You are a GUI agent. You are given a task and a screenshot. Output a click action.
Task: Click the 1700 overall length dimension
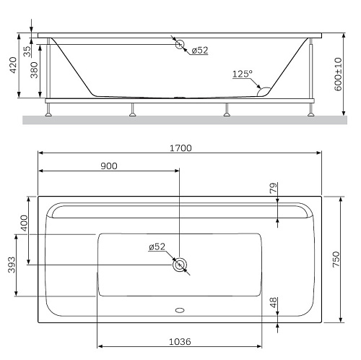[180, 148]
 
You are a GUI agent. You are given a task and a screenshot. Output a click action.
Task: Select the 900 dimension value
[109, 166]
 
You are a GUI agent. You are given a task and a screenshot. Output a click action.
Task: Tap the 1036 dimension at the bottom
[180, 342]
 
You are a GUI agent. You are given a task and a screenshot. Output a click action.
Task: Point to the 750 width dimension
[336, 260]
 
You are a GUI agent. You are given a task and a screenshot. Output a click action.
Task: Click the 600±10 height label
[338, 74]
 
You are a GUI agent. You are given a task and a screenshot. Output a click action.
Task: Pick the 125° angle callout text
[243, 74]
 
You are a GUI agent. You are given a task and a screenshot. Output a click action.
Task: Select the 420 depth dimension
[13, 65]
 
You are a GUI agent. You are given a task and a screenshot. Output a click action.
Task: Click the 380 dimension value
[34, 70]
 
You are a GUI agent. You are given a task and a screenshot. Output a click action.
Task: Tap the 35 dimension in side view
[27, 51]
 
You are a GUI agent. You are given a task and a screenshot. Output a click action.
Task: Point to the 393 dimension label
[12, 265]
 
